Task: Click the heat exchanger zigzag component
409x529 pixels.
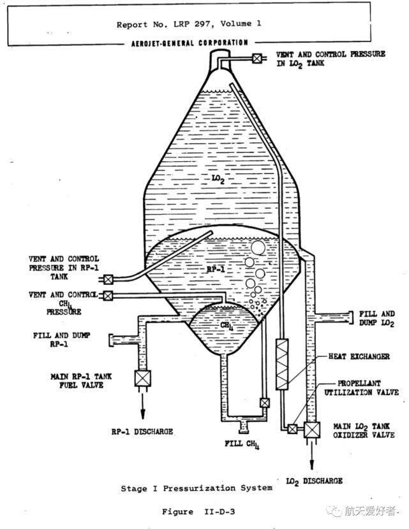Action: [282, 365]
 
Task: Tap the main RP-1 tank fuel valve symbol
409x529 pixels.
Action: [142, 378]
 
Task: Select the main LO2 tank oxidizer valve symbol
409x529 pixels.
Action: [312, 430]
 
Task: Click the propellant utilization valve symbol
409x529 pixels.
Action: [292, 429]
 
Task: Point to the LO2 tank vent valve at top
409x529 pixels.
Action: [257, 59]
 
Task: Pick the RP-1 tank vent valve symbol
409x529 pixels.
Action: [108, 279]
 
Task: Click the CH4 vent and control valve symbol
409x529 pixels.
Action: [108, 296]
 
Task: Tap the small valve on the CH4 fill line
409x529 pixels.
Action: [264, 403]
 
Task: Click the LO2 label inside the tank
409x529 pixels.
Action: [218, 179]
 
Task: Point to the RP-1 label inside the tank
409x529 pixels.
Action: [216, 269]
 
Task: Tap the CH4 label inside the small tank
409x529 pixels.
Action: [227, 326]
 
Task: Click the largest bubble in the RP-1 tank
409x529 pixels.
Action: [258, 248]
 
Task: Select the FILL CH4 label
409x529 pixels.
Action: [242, 444]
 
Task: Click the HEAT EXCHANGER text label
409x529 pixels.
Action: [359, 357]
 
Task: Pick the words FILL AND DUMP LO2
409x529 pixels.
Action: [376, 319]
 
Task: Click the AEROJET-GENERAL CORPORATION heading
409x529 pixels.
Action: [190, 43]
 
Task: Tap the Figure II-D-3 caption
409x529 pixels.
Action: [198, 512]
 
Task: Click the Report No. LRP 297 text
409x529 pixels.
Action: [165, 24]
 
